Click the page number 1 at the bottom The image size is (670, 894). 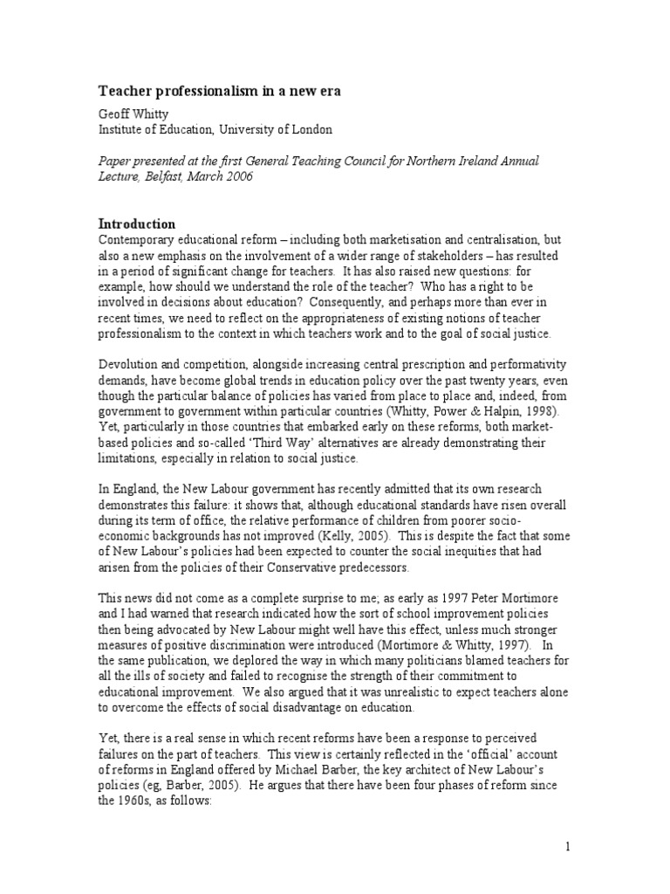(567, 846)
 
